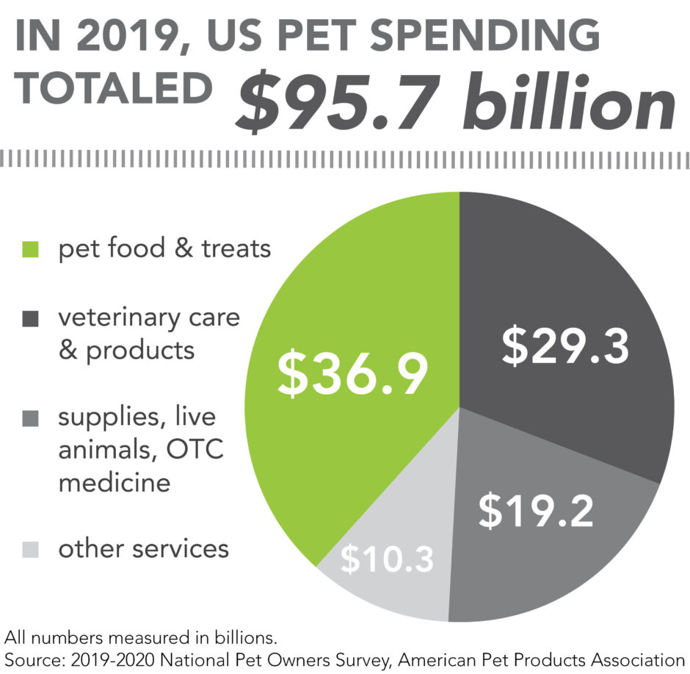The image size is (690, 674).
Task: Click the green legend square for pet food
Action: (30, 250)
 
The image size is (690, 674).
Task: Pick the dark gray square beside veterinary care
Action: (30, 320)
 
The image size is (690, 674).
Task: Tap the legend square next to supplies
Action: (30, 418)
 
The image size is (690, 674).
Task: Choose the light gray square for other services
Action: (30, 549)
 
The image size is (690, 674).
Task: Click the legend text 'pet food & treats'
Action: (165, 248)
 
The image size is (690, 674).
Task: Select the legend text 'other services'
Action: (144, 548)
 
